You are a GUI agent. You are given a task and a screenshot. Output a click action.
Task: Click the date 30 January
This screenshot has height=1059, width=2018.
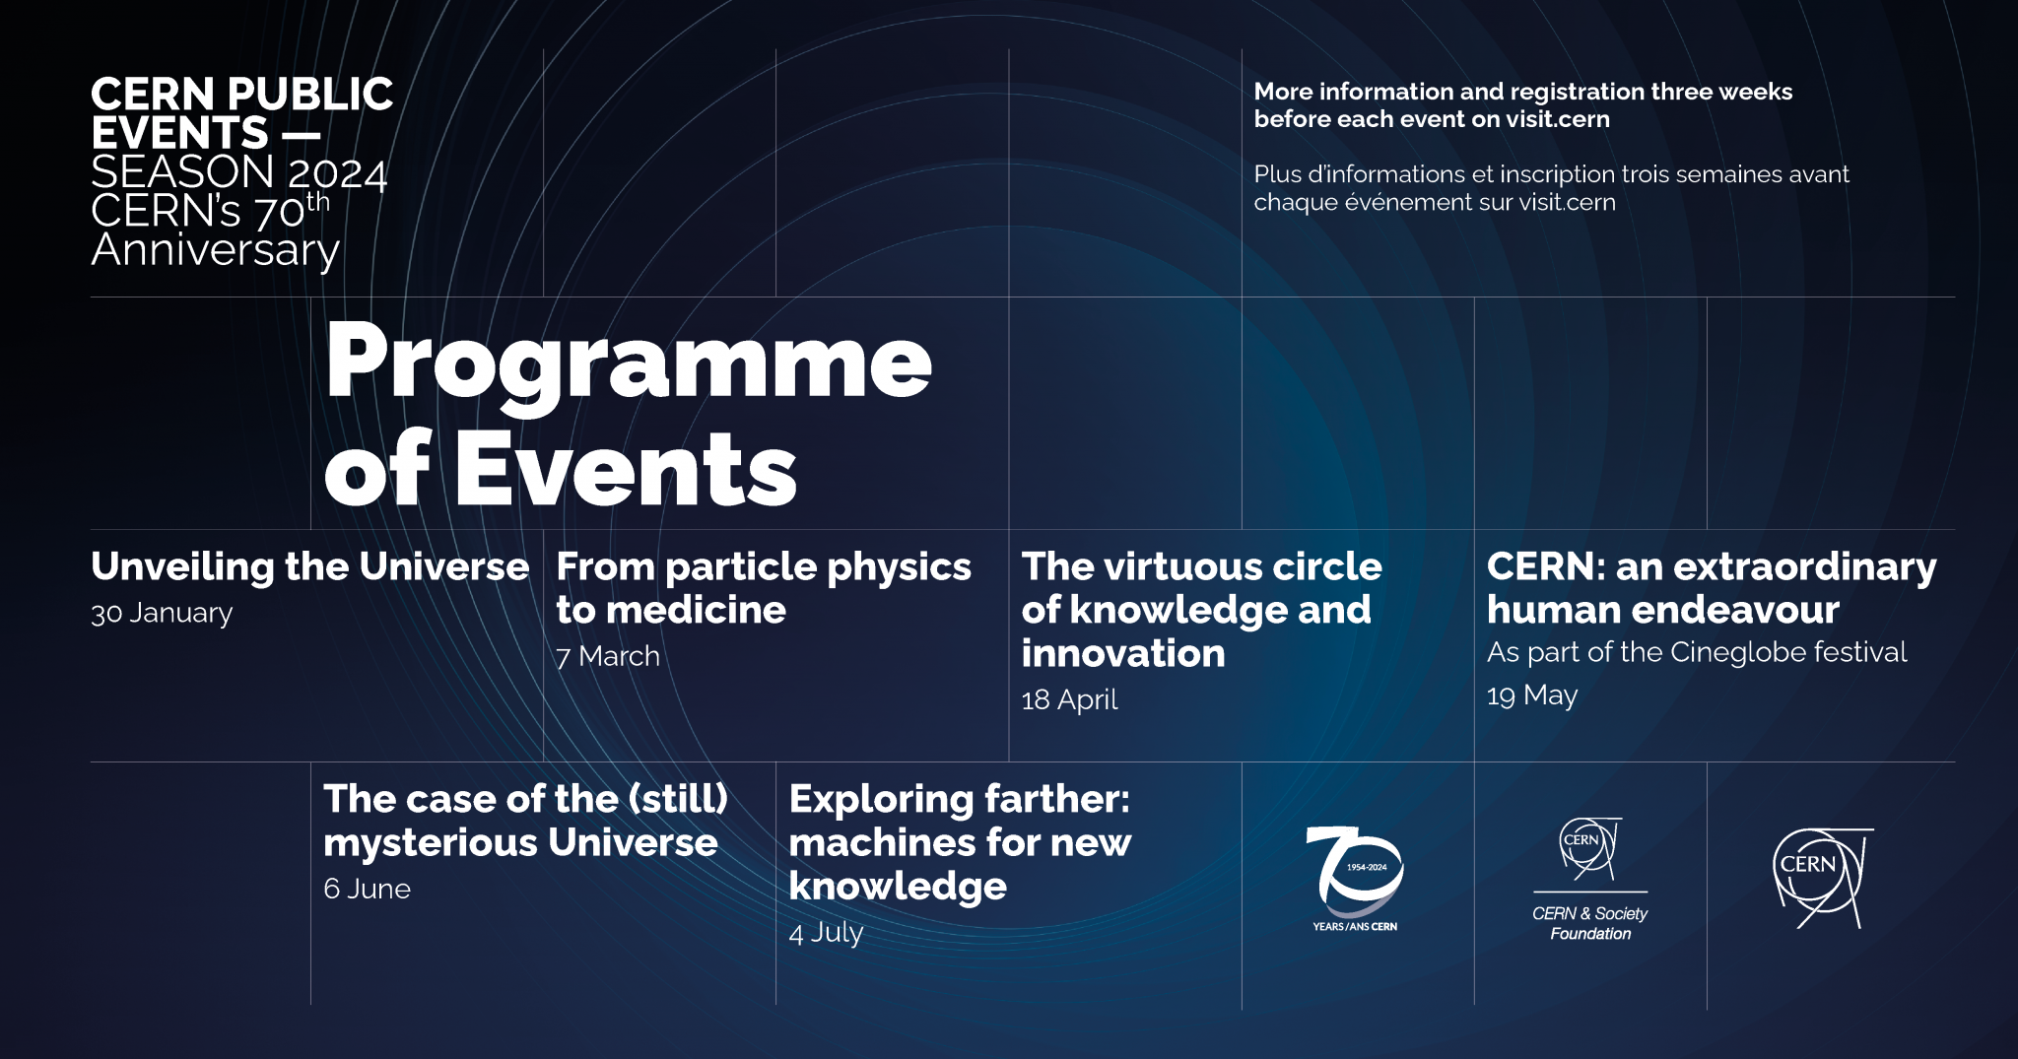[162, 613]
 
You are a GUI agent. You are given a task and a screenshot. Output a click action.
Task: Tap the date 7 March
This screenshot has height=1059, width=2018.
[608, 656]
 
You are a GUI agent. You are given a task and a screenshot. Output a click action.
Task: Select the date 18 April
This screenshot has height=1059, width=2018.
[1069, 699]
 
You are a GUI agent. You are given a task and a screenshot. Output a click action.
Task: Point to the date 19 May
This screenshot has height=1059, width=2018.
[1531, 695]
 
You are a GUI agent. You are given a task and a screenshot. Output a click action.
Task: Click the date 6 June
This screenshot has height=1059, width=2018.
[367, 889]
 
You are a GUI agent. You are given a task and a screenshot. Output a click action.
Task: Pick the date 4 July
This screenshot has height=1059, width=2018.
[826, 932]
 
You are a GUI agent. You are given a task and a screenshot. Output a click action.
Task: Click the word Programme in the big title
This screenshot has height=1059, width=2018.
[628, 363]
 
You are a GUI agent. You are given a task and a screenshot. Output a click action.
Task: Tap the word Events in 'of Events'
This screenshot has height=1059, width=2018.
[625, 471]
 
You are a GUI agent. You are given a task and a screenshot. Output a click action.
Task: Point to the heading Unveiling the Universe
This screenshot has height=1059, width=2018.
[309, 566]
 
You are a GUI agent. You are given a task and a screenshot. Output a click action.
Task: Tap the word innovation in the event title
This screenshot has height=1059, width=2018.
[1122, 654]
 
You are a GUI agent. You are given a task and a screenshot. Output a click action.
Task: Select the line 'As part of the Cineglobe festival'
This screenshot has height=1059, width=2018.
[1696, 652]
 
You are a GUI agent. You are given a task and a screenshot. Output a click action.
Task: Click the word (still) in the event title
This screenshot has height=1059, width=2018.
[679, 799]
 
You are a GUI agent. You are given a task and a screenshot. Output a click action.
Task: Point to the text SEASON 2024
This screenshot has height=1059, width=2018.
[238, 173]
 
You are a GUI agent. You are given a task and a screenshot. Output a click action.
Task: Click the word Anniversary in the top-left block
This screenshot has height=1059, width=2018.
[215, 250]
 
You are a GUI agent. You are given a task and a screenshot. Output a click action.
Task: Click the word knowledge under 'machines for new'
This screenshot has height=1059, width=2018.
[897, 887]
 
